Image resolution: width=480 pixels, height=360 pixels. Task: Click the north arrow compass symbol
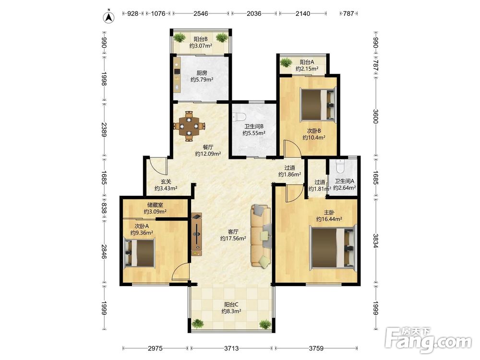point(108,17)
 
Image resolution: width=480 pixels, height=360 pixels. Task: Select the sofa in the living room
point(261,236)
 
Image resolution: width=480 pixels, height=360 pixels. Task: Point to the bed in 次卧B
point(318,104)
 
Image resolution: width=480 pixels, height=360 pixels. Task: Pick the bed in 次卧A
point(139,253)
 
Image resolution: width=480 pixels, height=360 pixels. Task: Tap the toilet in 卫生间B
point(240,117)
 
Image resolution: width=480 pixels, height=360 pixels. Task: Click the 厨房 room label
point(202,73)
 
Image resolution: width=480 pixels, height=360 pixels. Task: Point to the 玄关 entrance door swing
point(158,165)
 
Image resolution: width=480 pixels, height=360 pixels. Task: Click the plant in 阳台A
point(286,62)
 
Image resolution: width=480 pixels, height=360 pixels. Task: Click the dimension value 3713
point(231,348)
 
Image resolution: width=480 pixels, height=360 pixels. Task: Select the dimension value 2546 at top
point(201,13)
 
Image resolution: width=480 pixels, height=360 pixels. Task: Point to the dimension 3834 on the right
point(376,241)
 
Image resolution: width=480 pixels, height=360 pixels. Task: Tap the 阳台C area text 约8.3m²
point(231,311)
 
